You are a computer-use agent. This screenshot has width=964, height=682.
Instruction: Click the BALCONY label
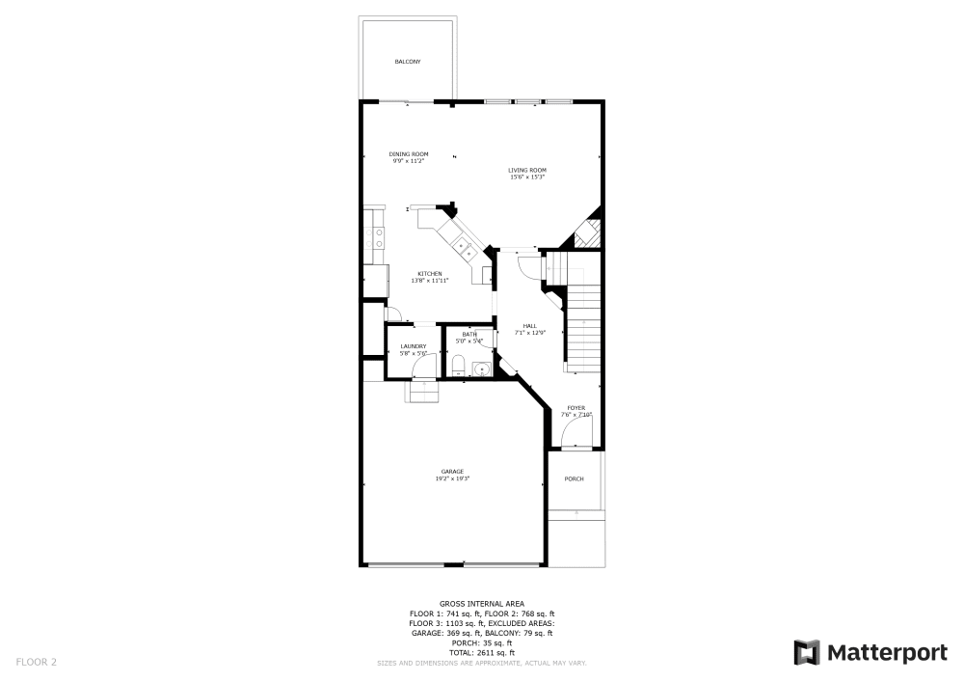tap(408, 62)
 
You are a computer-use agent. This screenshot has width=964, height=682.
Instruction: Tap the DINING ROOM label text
tap(409, 154)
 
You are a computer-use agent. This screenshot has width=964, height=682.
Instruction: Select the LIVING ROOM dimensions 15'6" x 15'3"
tap(527, 177)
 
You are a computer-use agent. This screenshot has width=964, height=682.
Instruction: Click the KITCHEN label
tap(430, 274)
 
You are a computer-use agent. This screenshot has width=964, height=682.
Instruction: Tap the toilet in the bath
tap(460, 366)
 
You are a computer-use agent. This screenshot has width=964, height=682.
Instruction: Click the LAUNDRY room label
tap(414, 346)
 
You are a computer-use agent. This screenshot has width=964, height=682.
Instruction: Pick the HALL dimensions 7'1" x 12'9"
tap(530, 333)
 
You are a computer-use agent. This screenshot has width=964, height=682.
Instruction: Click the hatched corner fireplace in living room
tap(589, 232)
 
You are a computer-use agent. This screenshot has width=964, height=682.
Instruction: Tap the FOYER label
tap(576, 408)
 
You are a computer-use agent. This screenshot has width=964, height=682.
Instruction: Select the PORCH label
tap(575, 478)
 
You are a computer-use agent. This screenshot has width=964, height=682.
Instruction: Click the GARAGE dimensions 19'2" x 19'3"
tap(453, 478)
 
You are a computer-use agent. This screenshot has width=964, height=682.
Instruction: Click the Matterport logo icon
tap(807, 652)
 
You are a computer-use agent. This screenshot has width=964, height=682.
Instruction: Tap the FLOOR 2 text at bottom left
tap(36, 662)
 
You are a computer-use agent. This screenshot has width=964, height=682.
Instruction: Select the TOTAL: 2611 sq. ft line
tap(482, 653)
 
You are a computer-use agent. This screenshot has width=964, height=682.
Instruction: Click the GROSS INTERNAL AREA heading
tap(482, 603)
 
